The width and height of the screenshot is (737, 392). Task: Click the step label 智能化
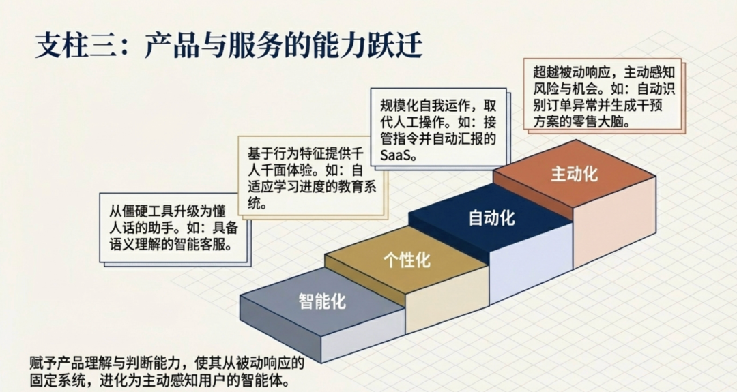tap(322, 301)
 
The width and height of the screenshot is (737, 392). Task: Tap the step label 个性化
tap(407, 260)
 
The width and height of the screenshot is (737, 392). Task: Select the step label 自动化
tap(492, 217)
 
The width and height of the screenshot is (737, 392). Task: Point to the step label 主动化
tap(575, 174)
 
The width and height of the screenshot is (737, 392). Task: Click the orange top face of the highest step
tap(575, 174)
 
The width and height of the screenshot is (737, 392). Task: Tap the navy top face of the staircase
tap(491, 217)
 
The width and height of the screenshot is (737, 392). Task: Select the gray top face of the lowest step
tap(322, 301)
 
